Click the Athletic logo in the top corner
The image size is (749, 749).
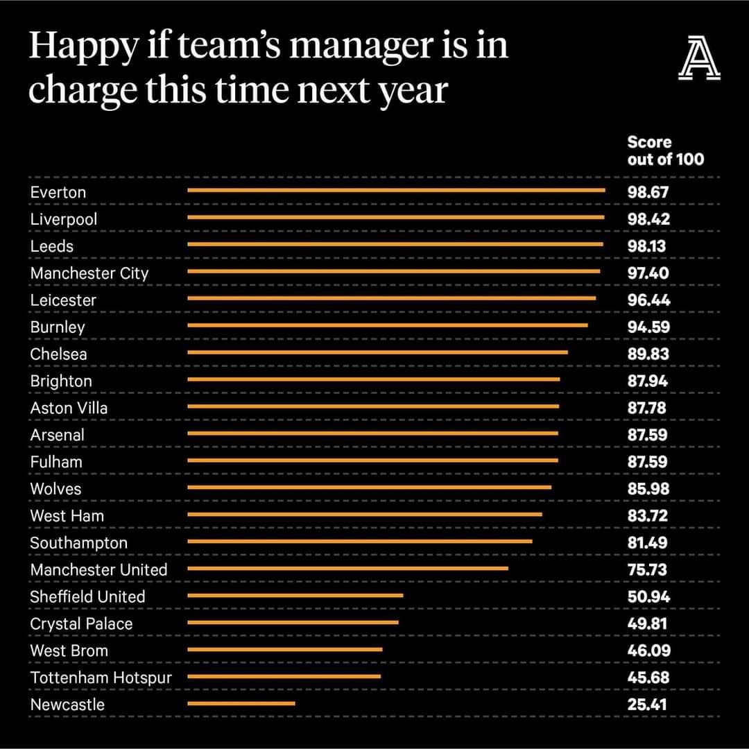699,60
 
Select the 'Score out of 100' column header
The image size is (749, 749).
664,150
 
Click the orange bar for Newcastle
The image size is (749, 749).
241,703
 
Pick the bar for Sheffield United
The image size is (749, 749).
295,595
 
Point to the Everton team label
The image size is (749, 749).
58,192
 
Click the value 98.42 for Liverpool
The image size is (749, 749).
648,219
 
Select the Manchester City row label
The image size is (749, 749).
89,273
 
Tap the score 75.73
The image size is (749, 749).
648,569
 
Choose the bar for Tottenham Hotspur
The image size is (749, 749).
284,676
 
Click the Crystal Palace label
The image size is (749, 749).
81,623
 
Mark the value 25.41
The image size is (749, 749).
647,705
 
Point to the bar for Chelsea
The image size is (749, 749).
378,352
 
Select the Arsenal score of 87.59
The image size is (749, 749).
648,435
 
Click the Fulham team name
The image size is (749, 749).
56,462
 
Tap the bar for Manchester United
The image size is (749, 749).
348,568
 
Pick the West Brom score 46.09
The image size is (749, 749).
648,651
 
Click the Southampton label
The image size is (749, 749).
79,543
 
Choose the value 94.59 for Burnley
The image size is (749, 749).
648,327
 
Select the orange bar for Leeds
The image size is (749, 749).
395,244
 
